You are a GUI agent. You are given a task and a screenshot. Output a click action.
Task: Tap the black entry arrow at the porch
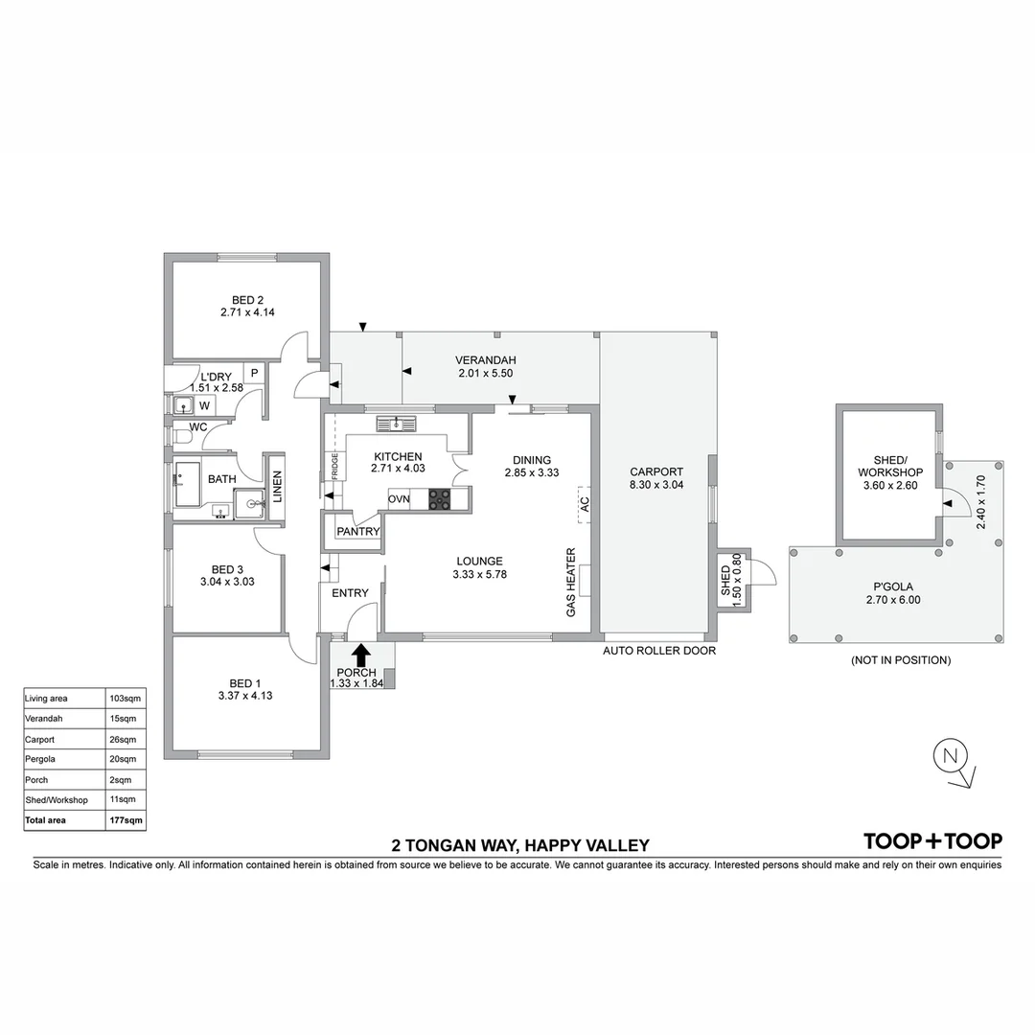pyautogui.click(x=361, y=655)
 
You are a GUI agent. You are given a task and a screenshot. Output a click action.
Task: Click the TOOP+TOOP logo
pyautogui.click(x=932, y=841)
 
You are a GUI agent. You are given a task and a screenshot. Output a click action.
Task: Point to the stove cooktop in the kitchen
pyautogui.click(x=440, y=498)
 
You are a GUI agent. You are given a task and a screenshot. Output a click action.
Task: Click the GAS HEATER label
pyautogui.click(x=570, y=582)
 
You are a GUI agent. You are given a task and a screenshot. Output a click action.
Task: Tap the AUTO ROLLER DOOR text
pyautogui.click(x=658, y=651)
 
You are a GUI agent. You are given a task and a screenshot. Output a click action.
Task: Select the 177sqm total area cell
pyautogui.click(x=126, y=820)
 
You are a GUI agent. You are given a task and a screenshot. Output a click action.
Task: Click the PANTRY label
pyautogui.click(x=357, y=532)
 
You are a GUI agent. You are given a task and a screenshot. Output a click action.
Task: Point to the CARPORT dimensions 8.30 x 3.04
pyautogui.click(x=656, y=485)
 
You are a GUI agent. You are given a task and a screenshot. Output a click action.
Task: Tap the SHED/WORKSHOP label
pyautogui.click(x=890, y=466)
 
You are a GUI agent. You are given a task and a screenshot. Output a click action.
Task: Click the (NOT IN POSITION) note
pyautogui.click(x=900, y=660)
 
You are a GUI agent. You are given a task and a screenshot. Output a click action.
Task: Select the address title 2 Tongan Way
pyautogui.click(x=520, y=845)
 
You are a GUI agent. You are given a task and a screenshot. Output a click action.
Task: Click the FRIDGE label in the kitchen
pyautogui.click(x=335, y=466)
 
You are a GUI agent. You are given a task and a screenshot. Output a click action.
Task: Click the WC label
pyautogui.click(x=198, y=426)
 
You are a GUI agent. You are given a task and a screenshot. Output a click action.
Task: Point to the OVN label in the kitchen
pyautogui.click(x=399, y=498)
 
